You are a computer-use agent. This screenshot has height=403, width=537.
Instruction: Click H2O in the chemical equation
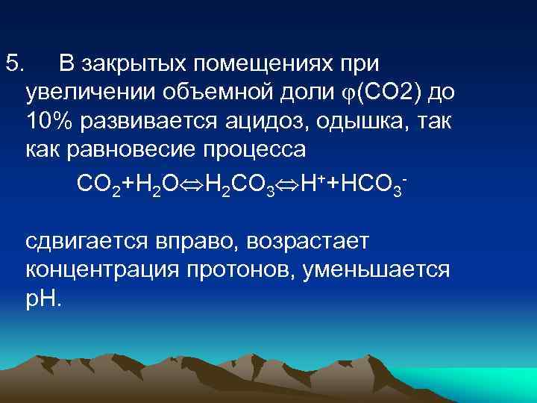(157, 184)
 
